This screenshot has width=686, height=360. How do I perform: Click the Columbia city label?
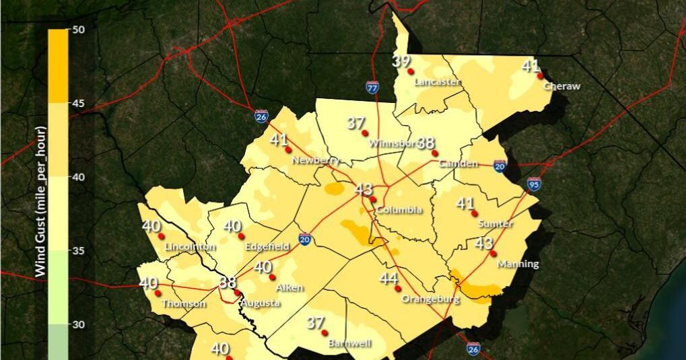tap(399, 210)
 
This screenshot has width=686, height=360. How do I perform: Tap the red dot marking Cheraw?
tap(540, 76)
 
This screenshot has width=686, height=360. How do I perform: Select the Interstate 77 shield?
tap(372, 87)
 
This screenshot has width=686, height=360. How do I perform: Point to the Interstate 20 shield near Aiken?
tap(305, 239)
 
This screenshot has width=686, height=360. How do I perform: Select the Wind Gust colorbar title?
tap(40, 201)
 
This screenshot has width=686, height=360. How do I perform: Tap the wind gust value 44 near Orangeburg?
tap(388, 279)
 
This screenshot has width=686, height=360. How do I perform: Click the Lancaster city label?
tap(438, 82)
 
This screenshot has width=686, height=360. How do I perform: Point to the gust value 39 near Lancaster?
tap(401, 61)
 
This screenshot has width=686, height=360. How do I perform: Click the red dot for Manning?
tap(493, 254)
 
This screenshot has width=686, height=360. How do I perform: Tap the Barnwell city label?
tap(349, 343)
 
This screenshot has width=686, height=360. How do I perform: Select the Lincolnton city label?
tap(190, 247)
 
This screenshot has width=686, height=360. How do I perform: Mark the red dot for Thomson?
tap(158, 293)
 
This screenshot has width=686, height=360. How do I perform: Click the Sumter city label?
tap(495, 223)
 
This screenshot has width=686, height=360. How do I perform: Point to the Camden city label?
tap(458, 164)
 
